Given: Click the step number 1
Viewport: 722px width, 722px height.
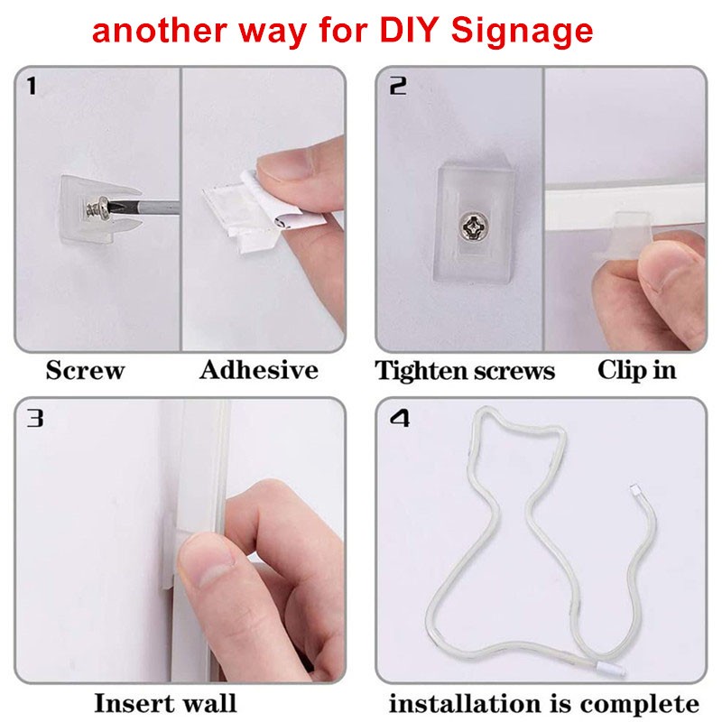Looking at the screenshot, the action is pyautogui.click(x=32, y=86).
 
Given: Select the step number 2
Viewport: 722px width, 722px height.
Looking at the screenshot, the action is pyautogui.click(x=398, y=86).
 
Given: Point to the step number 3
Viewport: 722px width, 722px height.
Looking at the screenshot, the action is pyautogui.click(x=35, y=418).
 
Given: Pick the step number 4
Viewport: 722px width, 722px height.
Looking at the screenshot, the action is pyautogui.click(x=399, y=418).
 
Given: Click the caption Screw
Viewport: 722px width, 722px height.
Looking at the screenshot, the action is pyautogui.click(x=85, y=370).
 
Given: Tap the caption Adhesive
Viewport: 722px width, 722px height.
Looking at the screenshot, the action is pyautogui.click(x=259, y=370).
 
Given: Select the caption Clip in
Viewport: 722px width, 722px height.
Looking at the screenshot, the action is pyautogui.click(x=637, y=370).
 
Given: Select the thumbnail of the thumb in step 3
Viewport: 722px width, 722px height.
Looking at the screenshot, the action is pyautogui.click(x=205, y=551).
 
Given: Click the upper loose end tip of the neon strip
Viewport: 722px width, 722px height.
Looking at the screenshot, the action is pyautogui.click(x=636, y=490).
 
